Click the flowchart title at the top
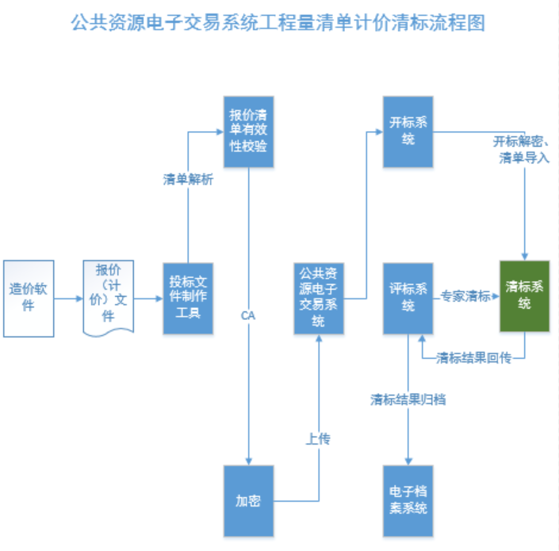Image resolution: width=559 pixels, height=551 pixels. [x=278, y=22]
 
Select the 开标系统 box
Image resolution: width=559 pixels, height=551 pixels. [x=408, y=133]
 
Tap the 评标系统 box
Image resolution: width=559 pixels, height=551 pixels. [x=408, y=298]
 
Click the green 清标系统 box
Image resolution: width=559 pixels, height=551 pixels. [x=524, y=295]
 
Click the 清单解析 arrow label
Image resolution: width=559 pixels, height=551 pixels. [x=188, y=179]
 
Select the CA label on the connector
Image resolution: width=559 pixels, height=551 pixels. [x=248, y=315]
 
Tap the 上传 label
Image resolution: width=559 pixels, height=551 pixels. [x=318, y=437]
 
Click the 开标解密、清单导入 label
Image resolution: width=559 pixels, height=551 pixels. [x=521, y=149]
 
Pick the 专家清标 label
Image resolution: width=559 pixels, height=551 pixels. [x=465, y=296]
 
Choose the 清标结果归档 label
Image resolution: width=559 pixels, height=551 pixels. [x=408, y=399]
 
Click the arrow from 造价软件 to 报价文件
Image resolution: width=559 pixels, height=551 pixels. [x=69, y=299]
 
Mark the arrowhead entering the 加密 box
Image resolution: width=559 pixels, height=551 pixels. [x=249, y=460]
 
